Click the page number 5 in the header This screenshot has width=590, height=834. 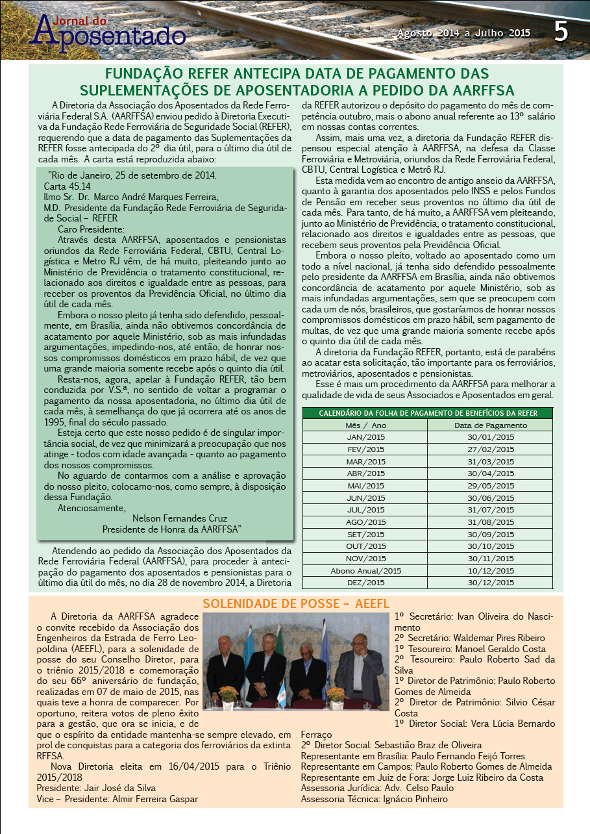pyautogui.click(x=561, y=31)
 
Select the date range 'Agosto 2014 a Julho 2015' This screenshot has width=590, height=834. pyautogui.click(x=464, y=33)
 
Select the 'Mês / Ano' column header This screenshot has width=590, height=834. pyautogui.click(x=366, y=425)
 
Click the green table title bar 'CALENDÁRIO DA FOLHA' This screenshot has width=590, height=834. pyautogui.click(x=428, y=413)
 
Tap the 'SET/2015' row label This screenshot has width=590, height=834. pyautogui.click(x=366, y=534)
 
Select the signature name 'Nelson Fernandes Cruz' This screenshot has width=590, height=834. pyautogui.click(x=180, y=518)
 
